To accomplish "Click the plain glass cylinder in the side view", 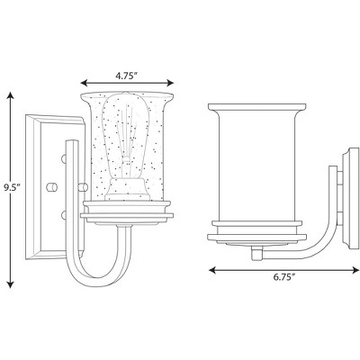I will coord(252,162).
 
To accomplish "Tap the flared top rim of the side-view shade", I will coord(252,107).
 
